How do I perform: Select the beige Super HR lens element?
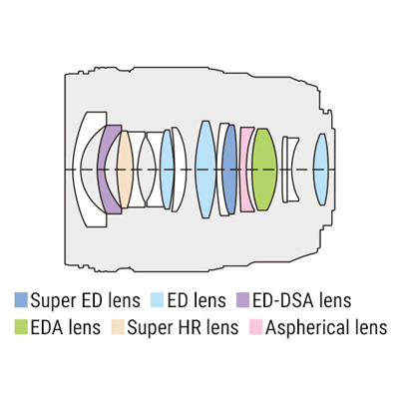[x=125, y=170]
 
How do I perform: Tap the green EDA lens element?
[x=264, y=170]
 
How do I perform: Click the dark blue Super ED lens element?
[x=229, y=170]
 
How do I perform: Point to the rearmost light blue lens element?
[x=321, y=170]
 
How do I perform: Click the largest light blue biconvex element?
[x=205, y=170]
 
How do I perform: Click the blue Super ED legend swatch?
[x=21, y=300]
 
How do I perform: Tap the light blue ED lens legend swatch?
[x=157, y=300]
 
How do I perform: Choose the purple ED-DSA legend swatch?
[x=242, y=300]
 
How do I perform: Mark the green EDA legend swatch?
[x=21, y=327]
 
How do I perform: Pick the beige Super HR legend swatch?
[x=118, y=327]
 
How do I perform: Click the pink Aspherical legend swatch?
[x=255, y=327]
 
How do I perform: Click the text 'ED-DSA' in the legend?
[x=283, y=300]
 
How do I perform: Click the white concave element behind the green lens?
[x=292, y=170]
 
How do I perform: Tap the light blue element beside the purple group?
[x=167, y=170]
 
